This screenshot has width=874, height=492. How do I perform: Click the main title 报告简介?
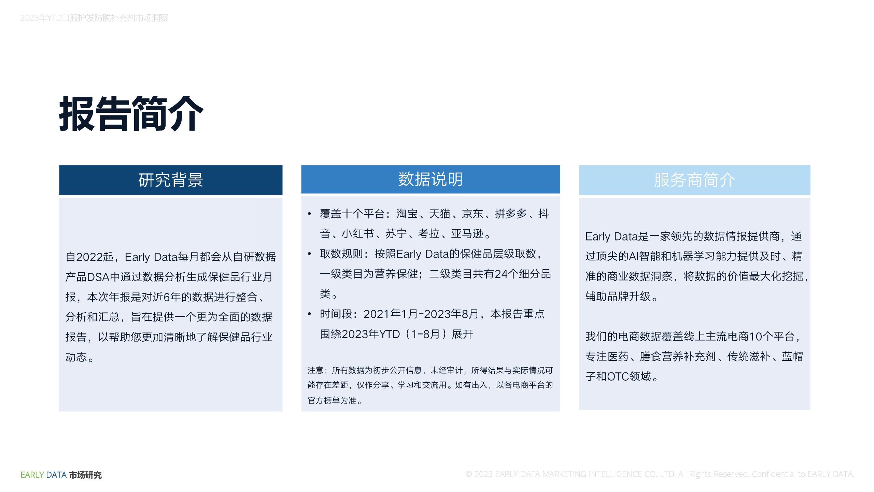[131, 113]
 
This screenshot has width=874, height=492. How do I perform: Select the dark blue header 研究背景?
[171, 180]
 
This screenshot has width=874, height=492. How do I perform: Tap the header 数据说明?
[431, 179]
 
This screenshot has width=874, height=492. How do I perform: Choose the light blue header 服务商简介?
[694, 180]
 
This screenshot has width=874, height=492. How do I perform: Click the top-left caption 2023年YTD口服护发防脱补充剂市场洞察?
[94, 18]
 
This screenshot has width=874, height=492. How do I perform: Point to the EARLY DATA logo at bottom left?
[61, 475]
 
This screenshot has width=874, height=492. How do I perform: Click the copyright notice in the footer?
[660, 474]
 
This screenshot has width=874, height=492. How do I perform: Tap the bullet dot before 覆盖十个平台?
[309, 214]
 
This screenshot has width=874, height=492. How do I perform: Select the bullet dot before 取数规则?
[309, 254]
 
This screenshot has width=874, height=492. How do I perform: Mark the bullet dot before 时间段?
[309, 314]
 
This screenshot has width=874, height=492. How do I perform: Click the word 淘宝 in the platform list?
[407, 214]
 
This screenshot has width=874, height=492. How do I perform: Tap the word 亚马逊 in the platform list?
[467, 234]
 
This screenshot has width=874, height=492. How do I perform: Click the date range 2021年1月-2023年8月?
[421, 314]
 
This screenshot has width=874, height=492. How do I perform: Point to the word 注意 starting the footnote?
[315, 370]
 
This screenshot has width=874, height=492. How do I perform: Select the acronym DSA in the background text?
[98, 277]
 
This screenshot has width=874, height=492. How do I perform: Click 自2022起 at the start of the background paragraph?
[89, 257]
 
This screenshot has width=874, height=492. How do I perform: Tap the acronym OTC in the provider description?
[618, 377]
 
